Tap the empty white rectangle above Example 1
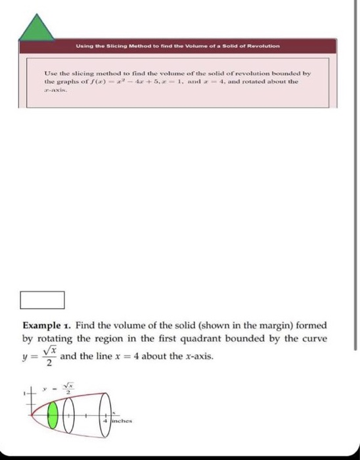coord(42,300)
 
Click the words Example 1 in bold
coord(47,325)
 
